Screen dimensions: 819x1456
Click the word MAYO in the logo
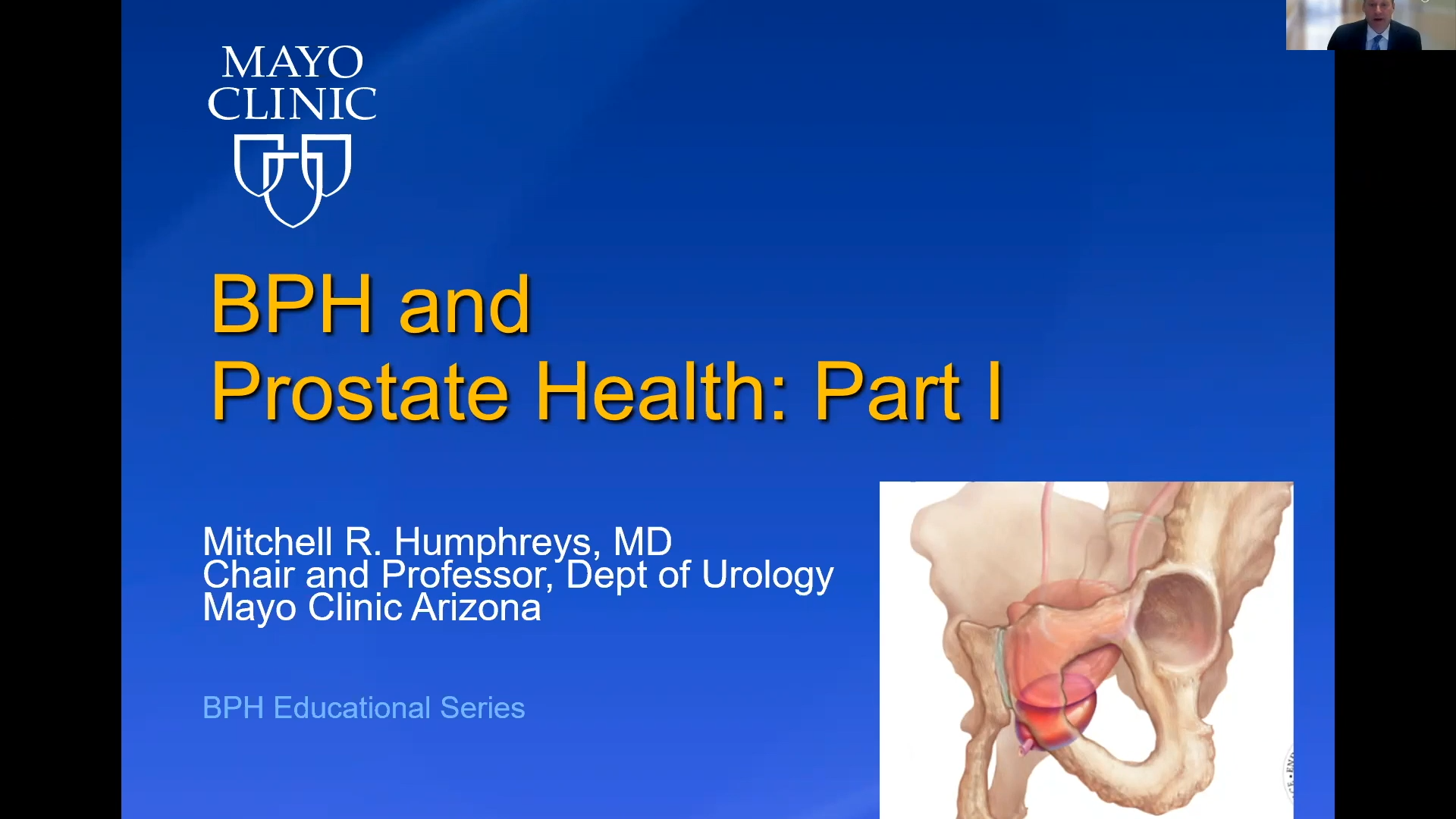[292, 62]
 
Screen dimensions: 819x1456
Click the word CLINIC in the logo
[292, 104]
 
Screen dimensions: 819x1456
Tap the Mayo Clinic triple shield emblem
[292, 180]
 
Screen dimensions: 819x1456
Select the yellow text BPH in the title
[291, 304]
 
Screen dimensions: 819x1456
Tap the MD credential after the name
[642, 542]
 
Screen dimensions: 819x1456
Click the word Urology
[767, 576]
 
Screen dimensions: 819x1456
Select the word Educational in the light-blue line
[352, 708]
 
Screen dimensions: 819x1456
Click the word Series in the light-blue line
[482, 708]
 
